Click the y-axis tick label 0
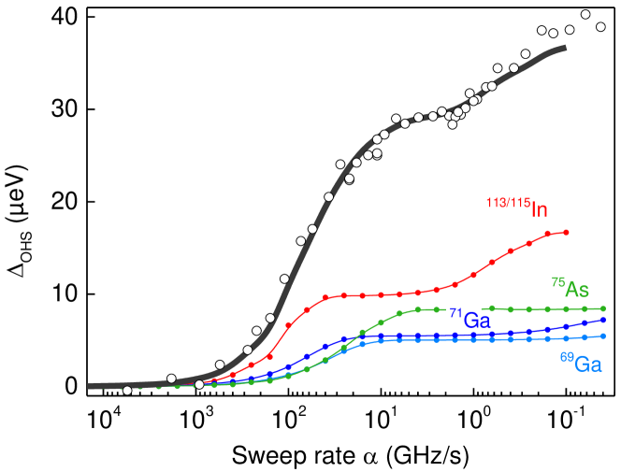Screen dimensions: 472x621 [x=71, y=386]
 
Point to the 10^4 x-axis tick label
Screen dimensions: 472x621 [x=105, y=414]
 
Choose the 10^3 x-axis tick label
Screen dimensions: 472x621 [x=197, y=414]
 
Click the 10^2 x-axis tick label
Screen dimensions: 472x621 [x=290, y=414]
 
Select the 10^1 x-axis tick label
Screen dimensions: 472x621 [x=382, y=414]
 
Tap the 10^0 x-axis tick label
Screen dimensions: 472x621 [x=474, y=414]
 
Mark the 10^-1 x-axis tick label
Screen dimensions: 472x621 [x=567, y=414]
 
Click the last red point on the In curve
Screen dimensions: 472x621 [x=567, y=232]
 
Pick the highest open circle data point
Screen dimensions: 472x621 [x=585, y=15]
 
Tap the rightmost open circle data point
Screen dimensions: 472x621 [x=600, y=27]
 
